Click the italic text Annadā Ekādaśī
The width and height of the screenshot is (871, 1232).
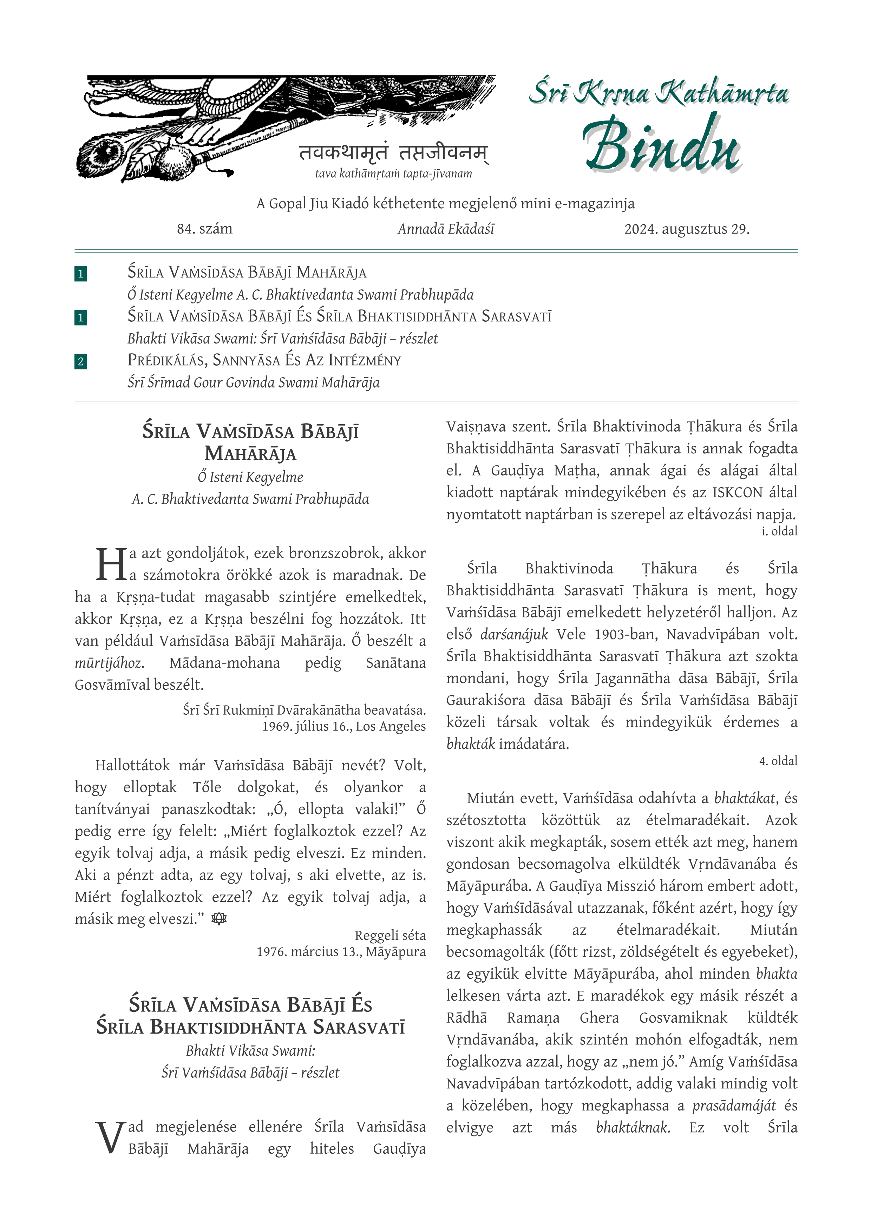446,229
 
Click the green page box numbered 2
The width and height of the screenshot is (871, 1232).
80,361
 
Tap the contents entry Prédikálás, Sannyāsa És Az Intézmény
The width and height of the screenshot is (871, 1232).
264,360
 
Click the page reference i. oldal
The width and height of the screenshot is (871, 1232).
779,531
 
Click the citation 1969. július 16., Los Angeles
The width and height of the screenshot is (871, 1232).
343,727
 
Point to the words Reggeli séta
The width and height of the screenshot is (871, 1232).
390,936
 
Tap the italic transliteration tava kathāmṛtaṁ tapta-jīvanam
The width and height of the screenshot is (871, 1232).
393,174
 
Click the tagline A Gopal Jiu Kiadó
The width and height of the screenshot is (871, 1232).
445,204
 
